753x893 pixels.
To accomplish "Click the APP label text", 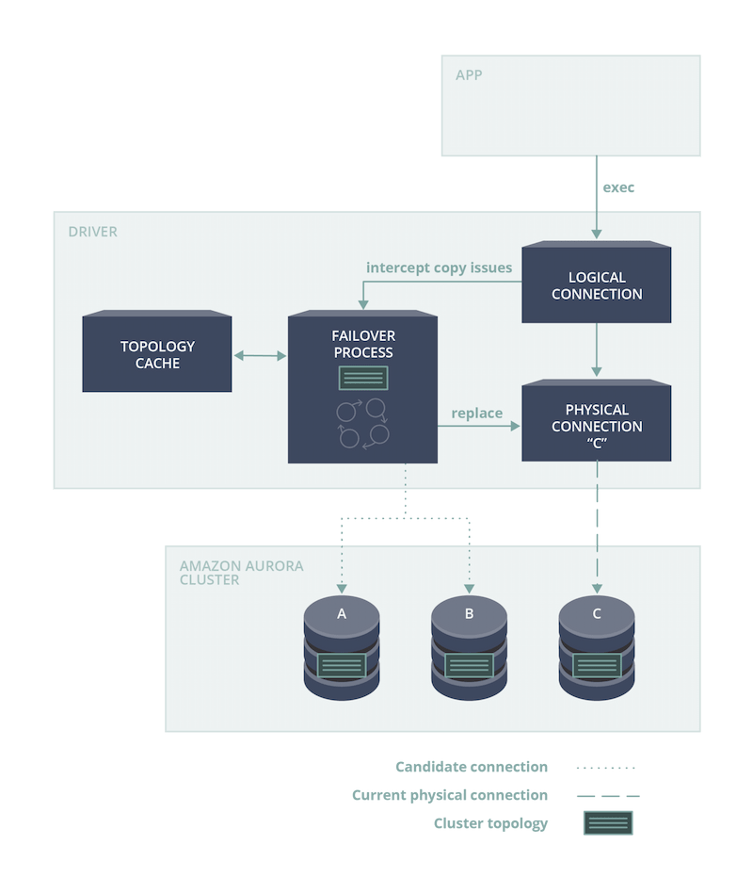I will point(470,75).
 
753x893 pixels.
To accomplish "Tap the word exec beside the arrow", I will point(618,188).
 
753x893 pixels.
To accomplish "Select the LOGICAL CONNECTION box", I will point(597,285).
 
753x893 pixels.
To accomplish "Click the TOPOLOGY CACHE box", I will point(157,354).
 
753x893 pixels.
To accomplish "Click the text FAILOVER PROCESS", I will point(362,344).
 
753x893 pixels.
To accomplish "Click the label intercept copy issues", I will point(439,268).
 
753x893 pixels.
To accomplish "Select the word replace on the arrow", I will point(476,413).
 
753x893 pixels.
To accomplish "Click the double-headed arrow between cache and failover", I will point(259,355).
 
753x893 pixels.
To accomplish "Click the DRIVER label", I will point(92,231).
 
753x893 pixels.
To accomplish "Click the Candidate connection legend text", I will point(472,767).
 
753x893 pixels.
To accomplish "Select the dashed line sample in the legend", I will point(608,796).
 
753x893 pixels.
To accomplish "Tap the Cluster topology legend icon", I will point(608,823).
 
